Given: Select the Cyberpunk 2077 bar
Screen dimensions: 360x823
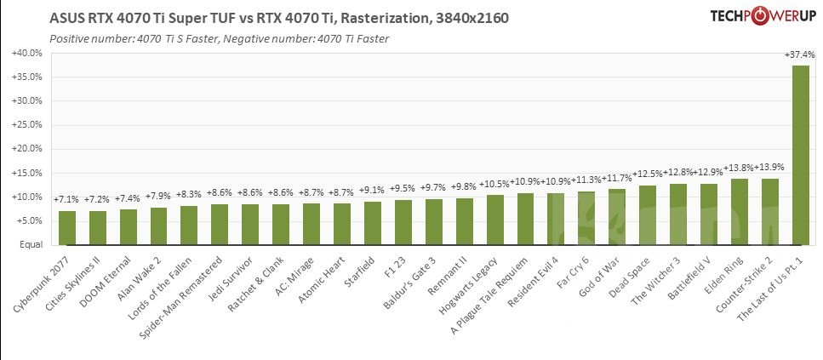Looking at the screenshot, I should click(67, 227).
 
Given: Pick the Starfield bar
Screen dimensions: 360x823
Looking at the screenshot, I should click(373, 222).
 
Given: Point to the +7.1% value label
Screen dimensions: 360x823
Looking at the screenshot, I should click(67, 200).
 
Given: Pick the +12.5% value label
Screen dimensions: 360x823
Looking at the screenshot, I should click(648, 174).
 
